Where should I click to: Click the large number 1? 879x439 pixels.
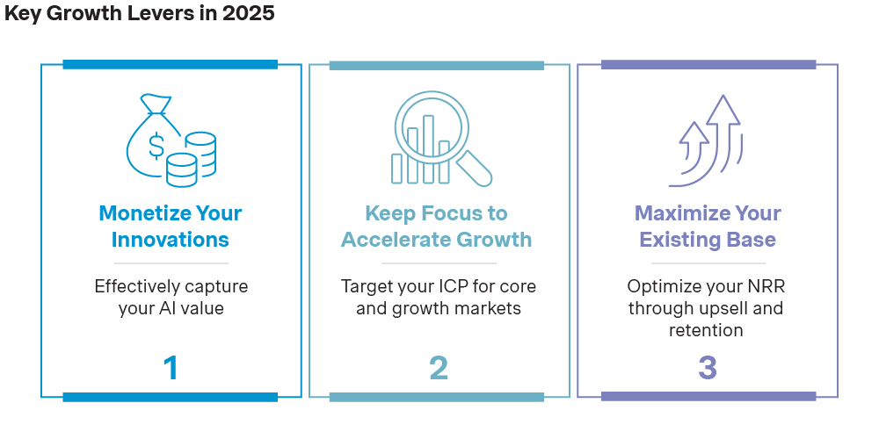click(x=171, y=368)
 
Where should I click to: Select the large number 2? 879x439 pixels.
click(x=439, y=368)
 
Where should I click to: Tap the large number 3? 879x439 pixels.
click(x=708, y=368)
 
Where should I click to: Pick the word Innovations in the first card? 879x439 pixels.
click(x=171, y=240)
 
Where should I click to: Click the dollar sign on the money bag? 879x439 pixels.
click(x=156, y=146)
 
